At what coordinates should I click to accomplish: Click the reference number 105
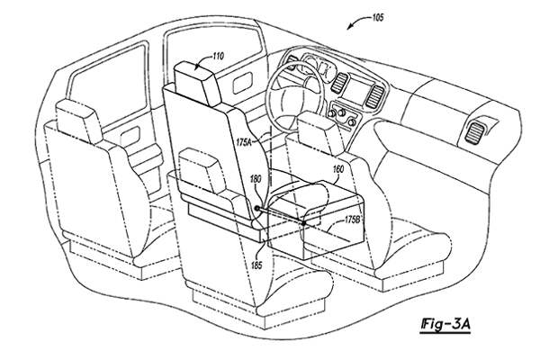pos(378,17)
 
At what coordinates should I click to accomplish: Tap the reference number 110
pos(218,56)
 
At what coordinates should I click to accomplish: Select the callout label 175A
pos(244,142)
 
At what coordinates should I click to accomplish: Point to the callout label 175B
pos(352,220)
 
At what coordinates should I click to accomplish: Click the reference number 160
pos(338,169)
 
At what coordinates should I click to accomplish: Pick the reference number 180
pos(256,179)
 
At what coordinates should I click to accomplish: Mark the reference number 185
pos(256,265)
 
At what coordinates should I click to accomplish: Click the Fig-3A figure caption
pos(445,324)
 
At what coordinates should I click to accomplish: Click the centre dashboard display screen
pos(359,92)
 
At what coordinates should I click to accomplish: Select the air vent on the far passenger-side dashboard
pos(474,132)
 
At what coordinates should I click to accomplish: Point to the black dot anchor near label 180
pos(256,208)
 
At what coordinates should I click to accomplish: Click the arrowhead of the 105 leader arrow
pos(350,28)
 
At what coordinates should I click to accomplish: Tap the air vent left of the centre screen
pos(339,84)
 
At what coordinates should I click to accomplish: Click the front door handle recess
pos(243,83)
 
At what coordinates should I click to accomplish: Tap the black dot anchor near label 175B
pos(303,223)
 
